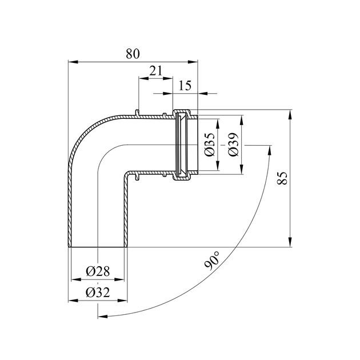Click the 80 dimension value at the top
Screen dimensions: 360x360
132,54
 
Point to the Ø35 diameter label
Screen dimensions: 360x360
209,145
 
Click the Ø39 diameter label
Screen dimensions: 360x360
233,145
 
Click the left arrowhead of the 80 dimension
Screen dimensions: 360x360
71,61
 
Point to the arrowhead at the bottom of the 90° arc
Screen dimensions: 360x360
101,316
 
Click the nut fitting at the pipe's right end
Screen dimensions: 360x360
184,145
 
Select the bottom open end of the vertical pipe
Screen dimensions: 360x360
97,247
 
